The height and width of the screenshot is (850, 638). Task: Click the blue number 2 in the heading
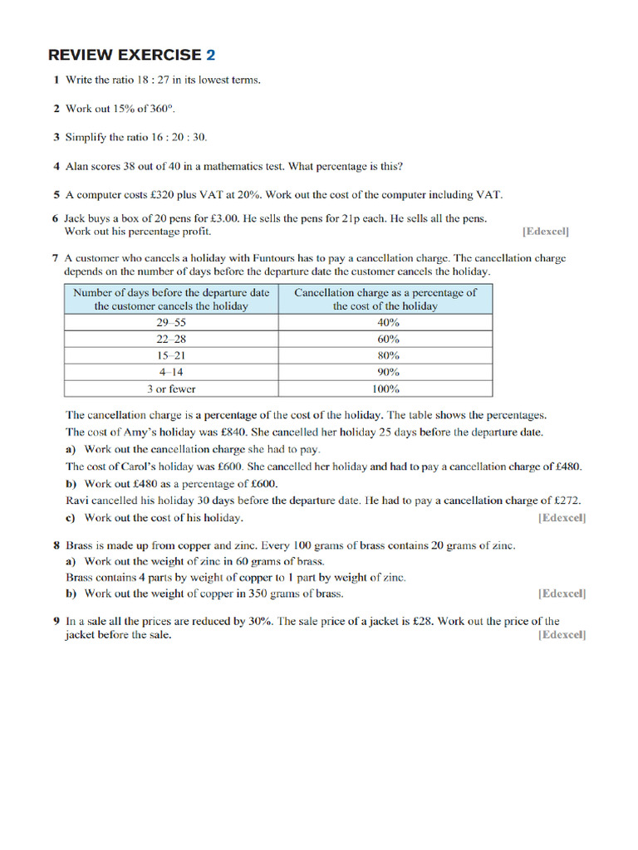pos(210,56)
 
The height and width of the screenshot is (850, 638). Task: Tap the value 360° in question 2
pos(160,109)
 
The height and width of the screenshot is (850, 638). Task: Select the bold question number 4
pos(56,166)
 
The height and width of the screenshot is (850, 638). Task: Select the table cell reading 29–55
pos(171,322)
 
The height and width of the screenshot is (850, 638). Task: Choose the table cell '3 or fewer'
pos(171,388)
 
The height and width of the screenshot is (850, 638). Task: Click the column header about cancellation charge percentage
pos(385,299)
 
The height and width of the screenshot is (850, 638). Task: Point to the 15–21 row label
pos(171,355)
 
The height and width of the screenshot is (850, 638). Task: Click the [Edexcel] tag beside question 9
pos(562,635)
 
